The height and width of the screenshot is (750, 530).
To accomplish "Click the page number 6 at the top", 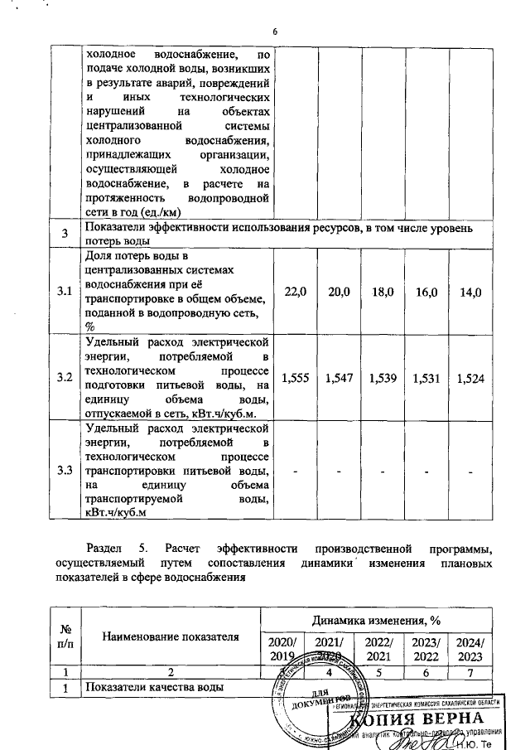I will [273, 32].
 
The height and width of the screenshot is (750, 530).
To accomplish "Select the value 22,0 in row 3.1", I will [294, 291].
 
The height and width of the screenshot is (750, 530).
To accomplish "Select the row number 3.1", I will [64, 291].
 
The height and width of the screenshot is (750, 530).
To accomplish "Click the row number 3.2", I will [64, 378].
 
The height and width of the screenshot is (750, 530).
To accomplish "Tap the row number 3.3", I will [64, 470].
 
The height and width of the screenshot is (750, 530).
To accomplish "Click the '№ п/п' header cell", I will [64, 636].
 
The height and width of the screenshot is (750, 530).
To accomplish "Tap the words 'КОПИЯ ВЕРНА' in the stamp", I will [422, 718].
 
